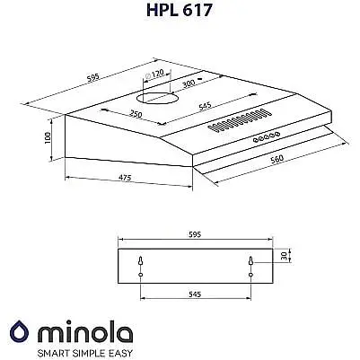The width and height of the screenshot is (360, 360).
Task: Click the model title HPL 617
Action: coord(180,13)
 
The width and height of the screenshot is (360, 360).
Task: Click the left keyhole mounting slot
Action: coord(142,260)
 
